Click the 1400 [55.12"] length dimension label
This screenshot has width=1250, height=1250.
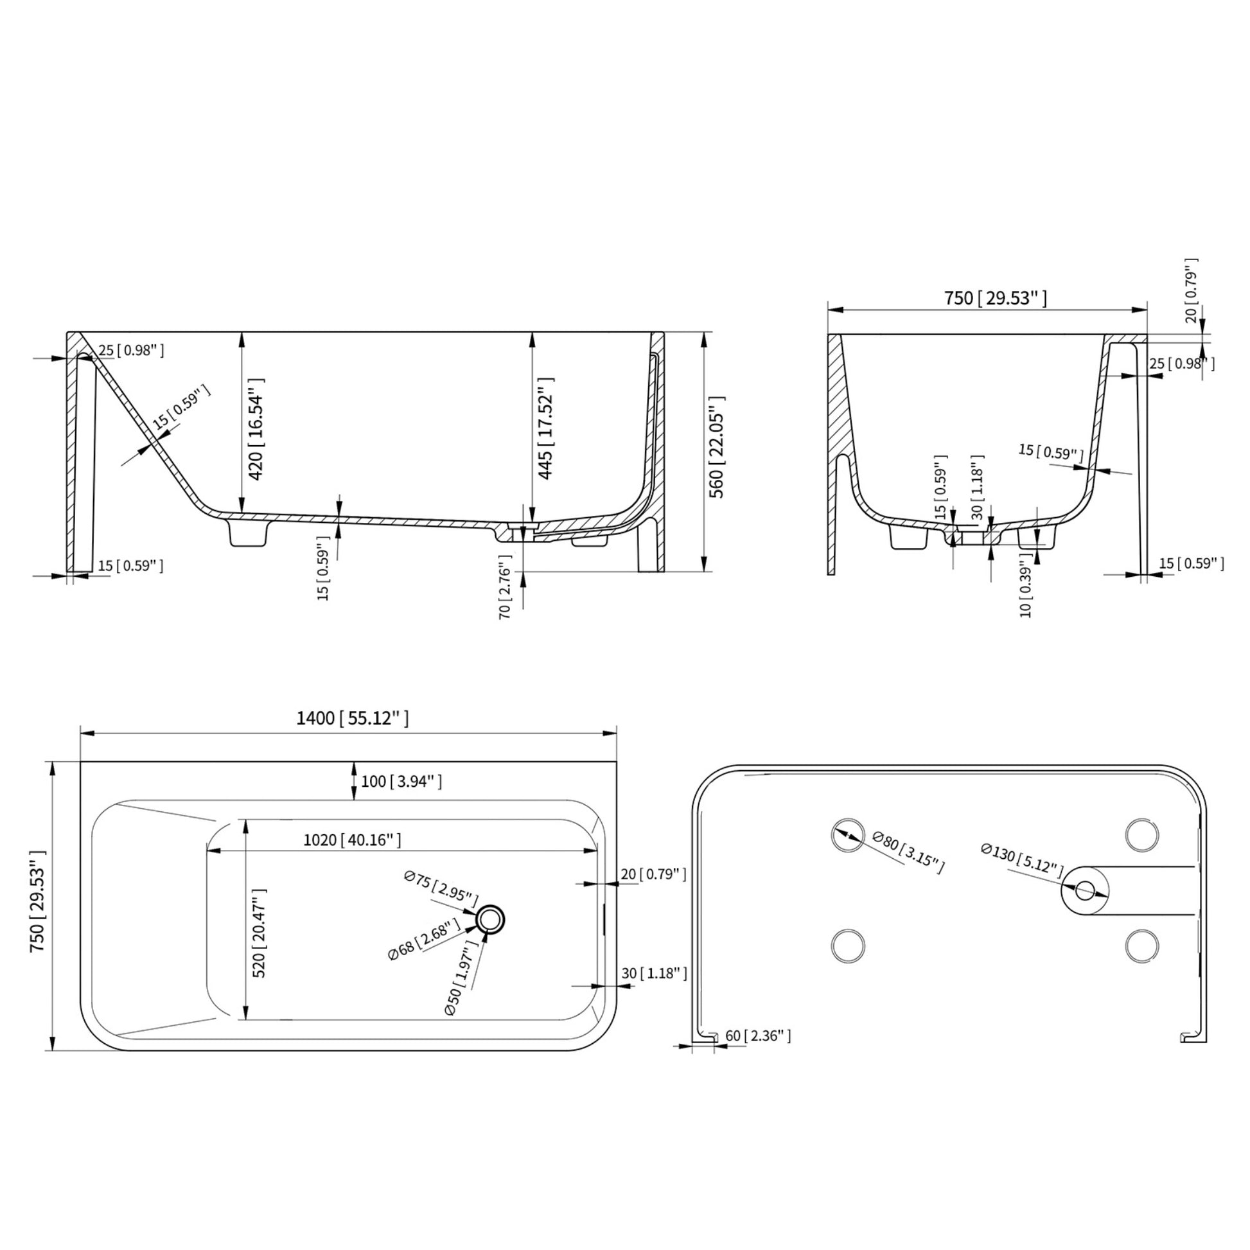click(353, 718)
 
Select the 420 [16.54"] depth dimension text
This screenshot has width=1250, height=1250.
click(256, 430)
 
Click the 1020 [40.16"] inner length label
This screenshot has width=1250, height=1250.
click(353, 840)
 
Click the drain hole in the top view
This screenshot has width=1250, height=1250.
click(490, 919)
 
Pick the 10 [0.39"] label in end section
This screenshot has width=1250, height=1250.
click(1025, 592)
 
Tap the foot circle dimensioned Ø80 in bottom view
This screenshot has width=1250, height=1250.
click(848, 834)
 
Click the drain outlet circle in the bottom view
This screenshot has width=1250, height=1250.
click(1085, 891)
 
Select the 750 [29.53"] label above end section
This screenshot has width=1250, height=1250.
click(994, 298)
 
